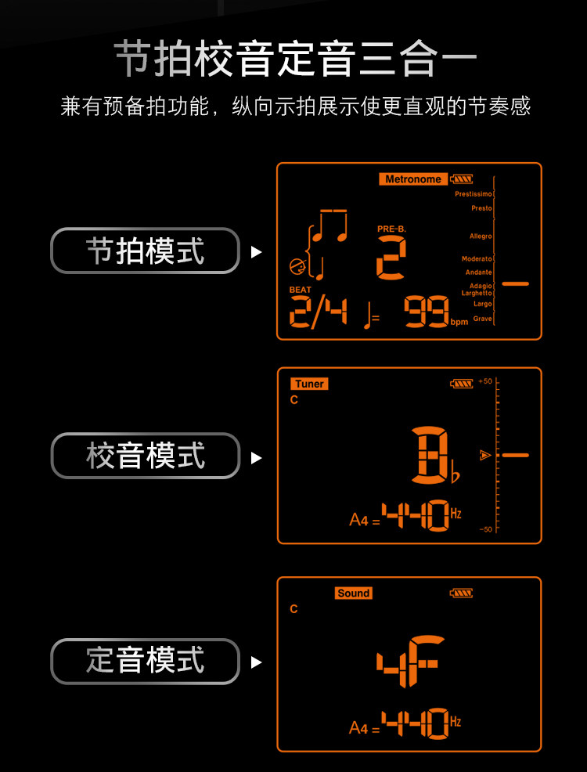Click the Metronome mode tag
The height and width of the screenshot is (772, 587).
[413, 179]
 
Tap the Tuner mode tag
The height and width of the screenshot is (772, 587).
[309, 384]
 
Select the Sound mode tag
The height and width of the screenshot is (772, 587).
[353, 593]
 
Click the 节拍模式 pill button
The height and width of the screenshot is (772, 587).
[145, 251]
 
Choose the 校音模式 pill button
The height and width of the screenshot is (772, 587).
[145, 456]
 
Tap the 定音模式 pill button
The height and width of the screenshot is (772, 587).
[145, 662]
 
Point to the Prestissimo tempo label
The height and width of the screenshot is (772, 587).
[474, 194]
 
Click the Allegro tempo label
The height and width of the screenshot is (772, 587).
[481, 236]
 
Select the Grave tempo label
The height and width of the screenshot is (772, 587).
[483, 319]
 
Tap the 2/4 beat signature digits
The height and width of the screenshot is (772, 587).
[319, 312]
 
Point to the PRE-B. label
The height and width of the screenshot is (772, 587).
[391, 229]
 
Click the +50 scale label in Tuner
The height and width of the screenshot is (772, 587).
[485, 381]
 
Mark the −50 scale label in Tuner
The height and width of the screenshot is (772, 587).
[485, 529]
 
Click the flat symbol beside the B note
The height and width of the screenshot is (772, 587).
[456, 476]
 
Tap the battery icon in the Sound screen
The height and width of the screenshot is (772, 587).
[461, 593]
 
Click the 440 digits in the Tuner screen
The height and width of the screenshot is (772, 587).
[416, 515]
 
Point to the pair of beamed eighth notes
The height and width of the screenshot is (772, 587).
[330, 226]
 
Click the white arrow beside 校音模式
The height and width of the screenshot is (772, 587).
[257, 458]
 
